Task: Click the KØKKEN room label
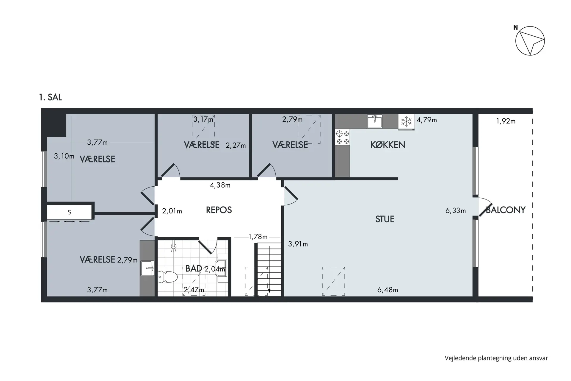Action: [388, 145]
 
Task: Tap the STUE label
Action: [385, 219]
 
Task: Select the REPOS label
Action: [219, 210]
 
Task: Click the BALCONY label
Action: [506, 210]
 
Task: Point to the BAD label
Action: [194, 268]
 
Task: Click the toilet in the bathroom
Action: [167, 277]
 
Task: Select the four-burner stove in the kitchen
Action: [343, 137]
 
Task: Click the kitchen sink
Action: [375, 121]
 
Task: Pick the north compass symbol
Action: [530, 41]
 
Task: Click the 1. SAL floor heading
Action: [51, 97]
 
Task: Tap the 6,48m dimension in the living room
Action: [388, 290]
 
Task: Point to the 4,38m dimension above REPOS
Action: [220, 185]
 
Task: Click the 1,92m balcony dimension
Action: [506, 121]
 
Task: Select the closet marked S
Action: [70, 212]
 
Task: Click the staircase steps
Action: [269, 269]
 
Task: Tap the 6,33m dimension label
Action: [456, 211]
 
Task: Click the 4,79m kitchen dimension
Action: [427, 120]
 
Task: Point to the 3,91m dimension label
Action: [298, 244]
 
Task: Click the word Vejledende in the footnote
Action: [460, 358]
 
